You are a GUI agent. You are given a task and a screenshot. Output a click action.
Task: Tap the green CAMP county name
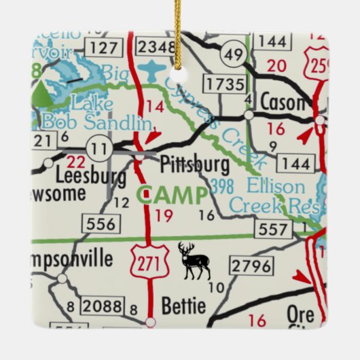(x=172, y=196)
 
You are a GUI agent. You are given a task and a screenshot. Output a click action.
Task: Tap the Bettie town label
(x=183, y=303)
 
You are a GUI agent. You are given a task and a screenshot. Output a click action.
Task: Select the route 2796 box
(x=251, y=266)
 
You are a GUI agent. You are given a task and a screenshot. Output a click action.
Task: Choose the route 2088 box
(x=101, y=307)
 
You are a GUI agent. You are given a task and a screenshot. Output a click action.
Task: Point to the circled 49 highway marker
(x=236, y=54)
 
